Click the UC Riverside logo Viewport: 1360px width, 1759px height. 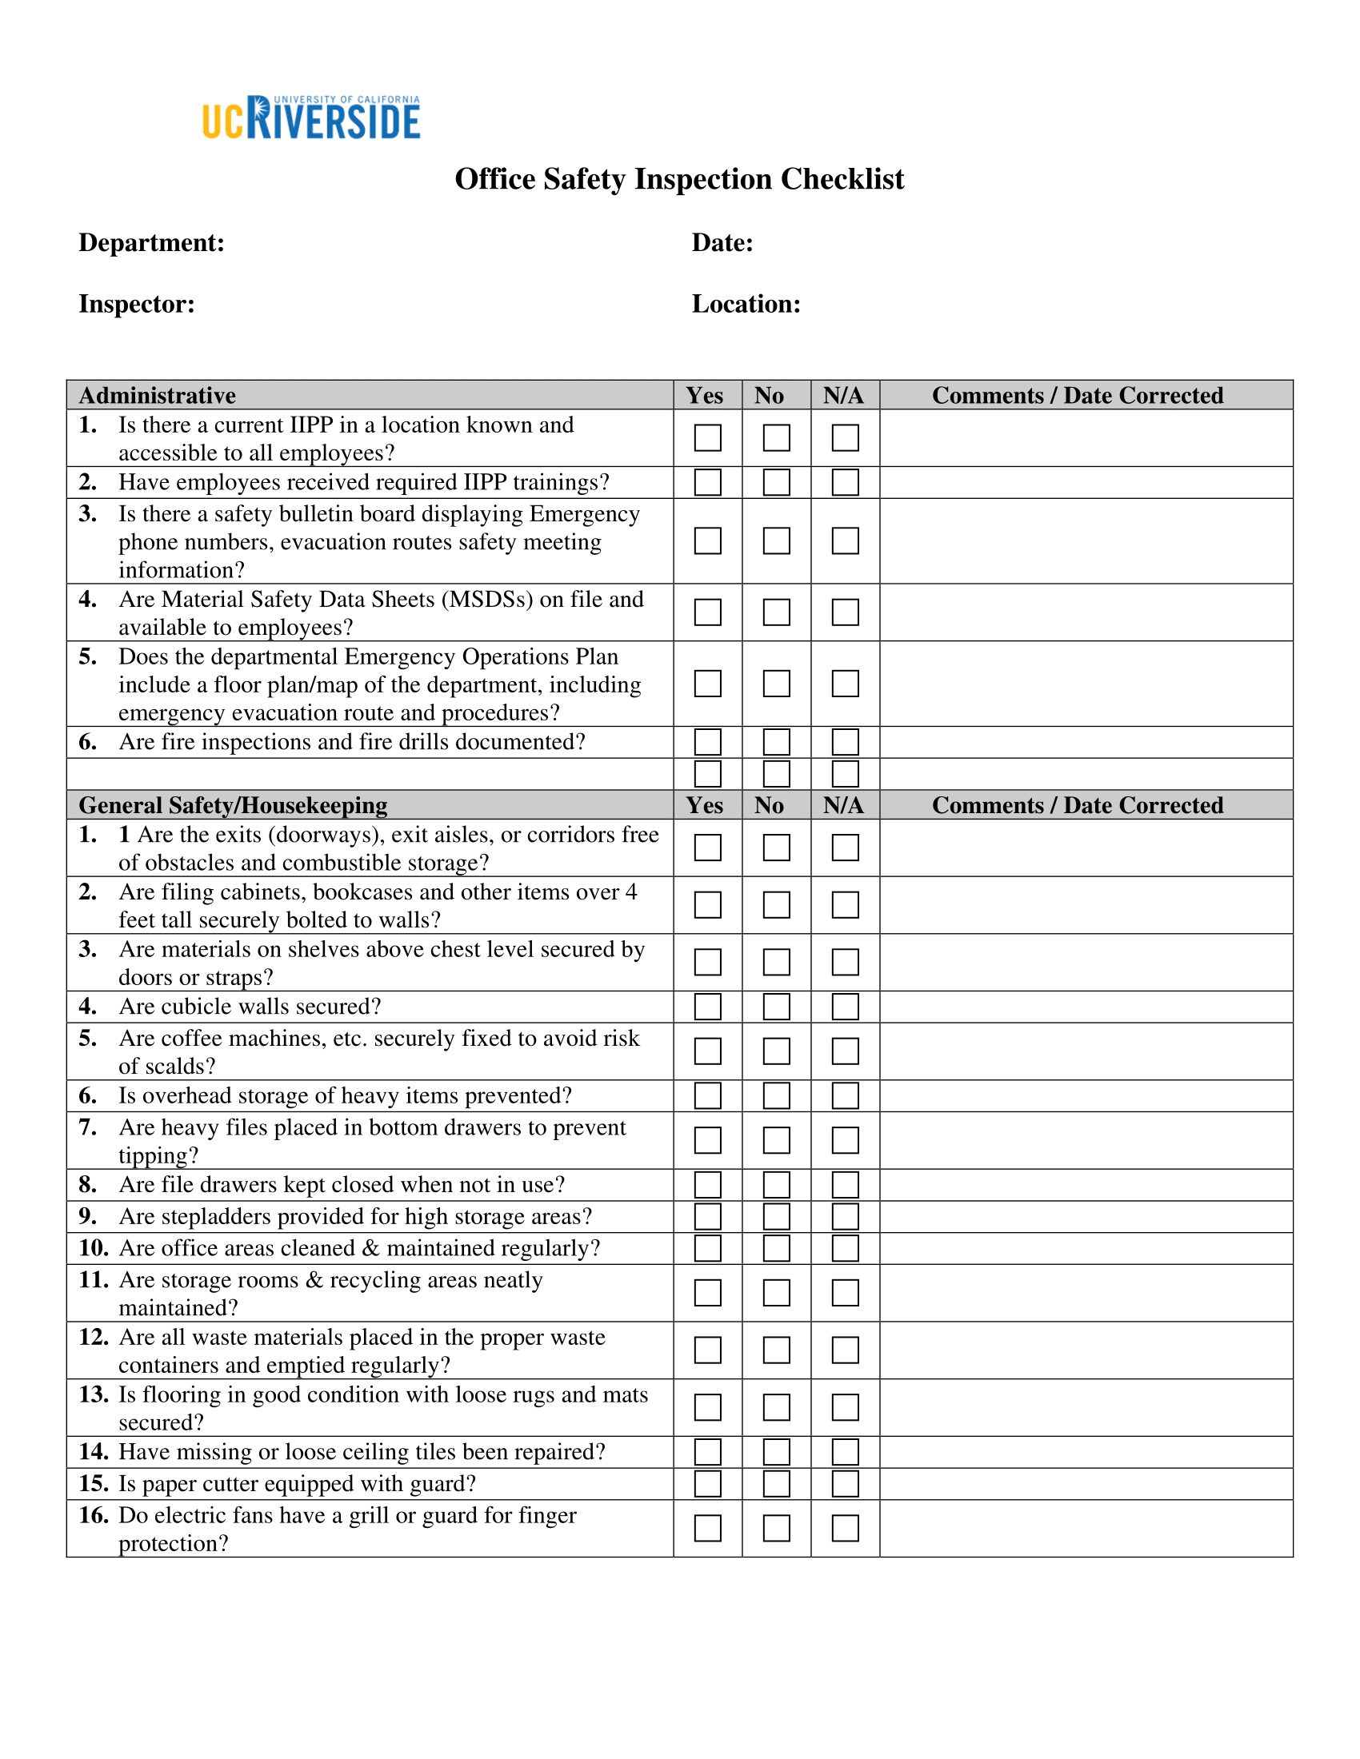click(x=311, y=118)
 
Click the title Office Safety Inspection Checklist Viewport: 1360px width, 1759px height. click(x=679, y=179)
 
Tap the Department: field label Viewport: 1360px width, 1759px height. click(x=151, y=242)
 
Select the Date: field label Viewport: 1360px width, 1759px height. click(x=722, y=242)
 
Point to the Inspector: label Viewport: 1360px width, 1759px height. click(x=137, y=304)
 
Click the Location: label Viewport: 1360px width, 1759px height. click(x=746, y=304)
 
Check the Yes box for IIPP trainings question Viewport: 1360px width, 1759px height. click(x=707, y=482)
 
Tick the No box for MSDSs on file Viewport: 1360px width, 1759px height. click(x=776, y=612)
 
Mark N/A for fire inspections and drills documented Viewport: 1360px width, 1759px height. click(x=845, y=741)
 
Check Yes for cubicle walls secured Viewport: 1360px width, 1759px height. click(x=707, y=1007)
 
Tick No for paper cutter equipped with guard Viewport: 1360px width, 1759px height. click(x=776, y=1483)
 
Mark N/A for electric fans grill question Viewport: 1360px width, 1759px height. click(x=845, y=1528)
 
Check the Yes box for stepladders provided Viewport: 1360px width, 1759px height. click(x=707, y=1216)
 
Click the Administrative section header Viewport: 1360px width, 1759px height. click(x=157, y=396)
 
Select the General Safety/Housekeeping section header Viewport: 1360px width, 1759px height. click(x=233, y=805)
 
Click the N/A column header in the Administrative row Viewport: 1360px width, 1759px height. click(x=843, y=396)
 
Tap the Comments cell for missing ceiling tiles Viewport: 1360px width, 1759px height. click(x=1086, y=1452)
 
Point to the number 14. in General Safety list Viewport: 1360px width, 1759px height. click(x=94, y=1452)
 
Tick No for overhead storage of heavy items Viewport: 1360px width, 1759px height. click(x=776, y=1095)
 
